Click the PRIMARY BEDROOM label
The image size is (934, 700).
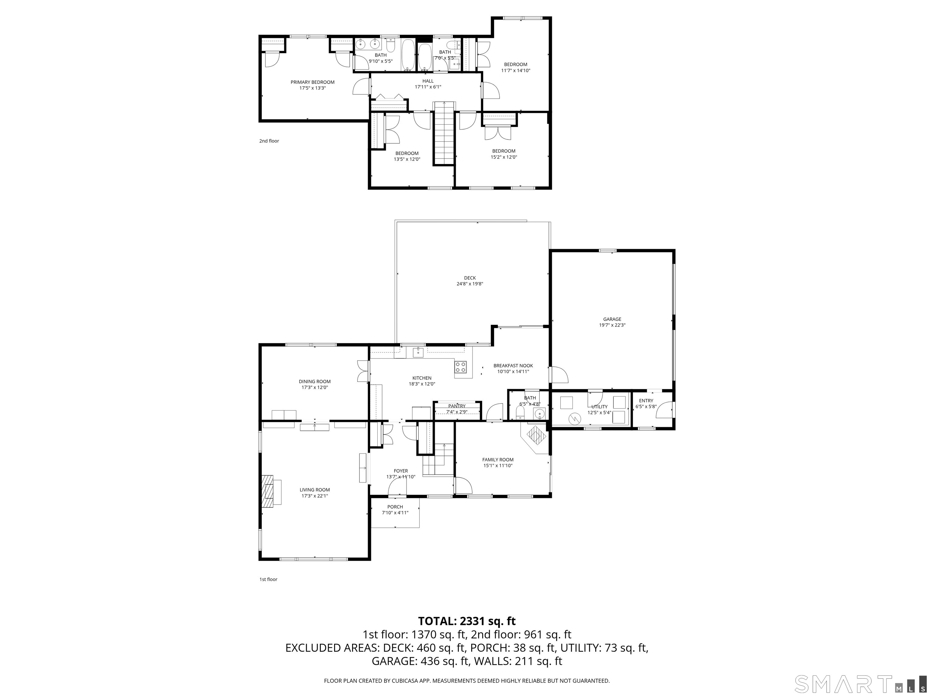[x=313, y=82]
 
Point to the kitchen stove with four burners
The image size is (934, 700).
[x=461, y=367]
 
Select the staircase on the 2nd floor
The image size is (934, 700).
[x=444, y=134]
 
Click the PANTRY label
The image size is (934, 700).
[x=457, y=406]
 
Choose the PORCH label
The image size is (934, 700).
[x=395, y=507]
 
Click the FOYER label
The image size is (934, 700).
[x=401, y=471]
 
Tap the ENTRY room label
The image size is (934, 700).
[x=646, y=401]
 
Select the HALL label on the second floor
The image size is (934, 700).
[x=428, y=81]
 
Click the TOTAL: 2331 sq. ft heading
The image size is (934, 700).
[x=467, y=621]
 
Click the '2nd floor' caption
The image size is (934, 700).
[x=269, y=141]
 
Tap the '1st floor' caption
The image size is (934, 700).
[x=268, y=579]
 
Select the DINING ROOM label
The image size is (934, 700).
[x=315, y=381]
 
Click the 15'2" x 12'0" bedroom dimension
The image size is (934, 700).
[x=504, y=157]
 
